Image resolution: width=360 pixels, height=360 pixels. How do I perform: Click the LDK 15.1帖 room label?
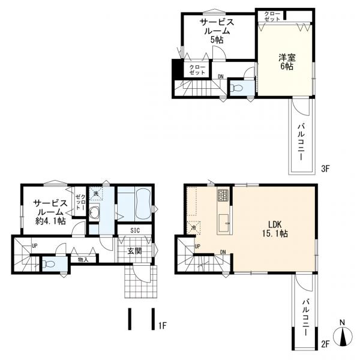coord(275,229)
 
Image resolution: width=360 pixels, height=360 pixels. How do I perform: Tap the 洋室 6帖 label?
coord(287,62)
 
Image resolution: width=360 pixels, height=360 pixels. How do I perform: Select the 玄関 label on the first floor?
coord(134,251)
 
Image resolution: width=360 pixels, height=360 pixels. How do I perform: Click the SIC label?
coord(135,230)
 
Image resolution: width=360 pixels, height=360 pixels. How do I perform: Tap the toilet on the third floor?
coord(236,88)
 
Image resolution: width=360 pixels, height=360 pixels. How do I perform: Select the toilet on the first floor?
coord(49,264)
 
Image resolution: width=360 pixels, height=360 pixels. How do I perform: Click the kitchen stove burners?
coord(223,195)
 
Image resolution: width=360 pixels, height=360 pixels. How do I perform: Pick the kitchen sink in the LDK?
coord(224,223)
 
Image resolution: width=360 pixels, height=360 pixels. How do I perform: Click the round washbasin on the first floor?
coord(94,212)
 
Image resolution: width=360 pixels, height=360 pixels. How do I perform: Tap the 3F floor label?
coord(325,169)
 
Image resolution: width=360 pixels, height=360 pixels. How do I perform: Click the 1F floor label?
coord(163,325)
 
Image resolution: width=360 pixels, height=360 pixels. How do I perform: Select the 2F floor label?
coord(325,344)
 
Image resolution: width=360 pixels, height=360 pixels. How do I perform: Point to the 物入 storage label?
coord(83,260)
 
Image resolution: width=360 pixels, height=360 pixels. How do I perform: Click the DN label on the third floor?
coord(221,77)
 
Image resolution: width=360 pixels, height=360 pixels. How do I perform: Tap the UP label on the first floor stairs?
coord(34,246)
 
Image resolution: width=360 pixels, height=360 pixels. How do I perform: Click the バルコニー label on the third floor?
coord(301,142)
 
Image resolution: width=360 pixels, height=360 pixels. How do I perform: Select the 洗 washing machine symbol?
coord(96,193)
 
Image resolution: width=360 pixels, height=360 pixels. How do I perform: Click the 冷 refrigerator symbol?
coord(194,228)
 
